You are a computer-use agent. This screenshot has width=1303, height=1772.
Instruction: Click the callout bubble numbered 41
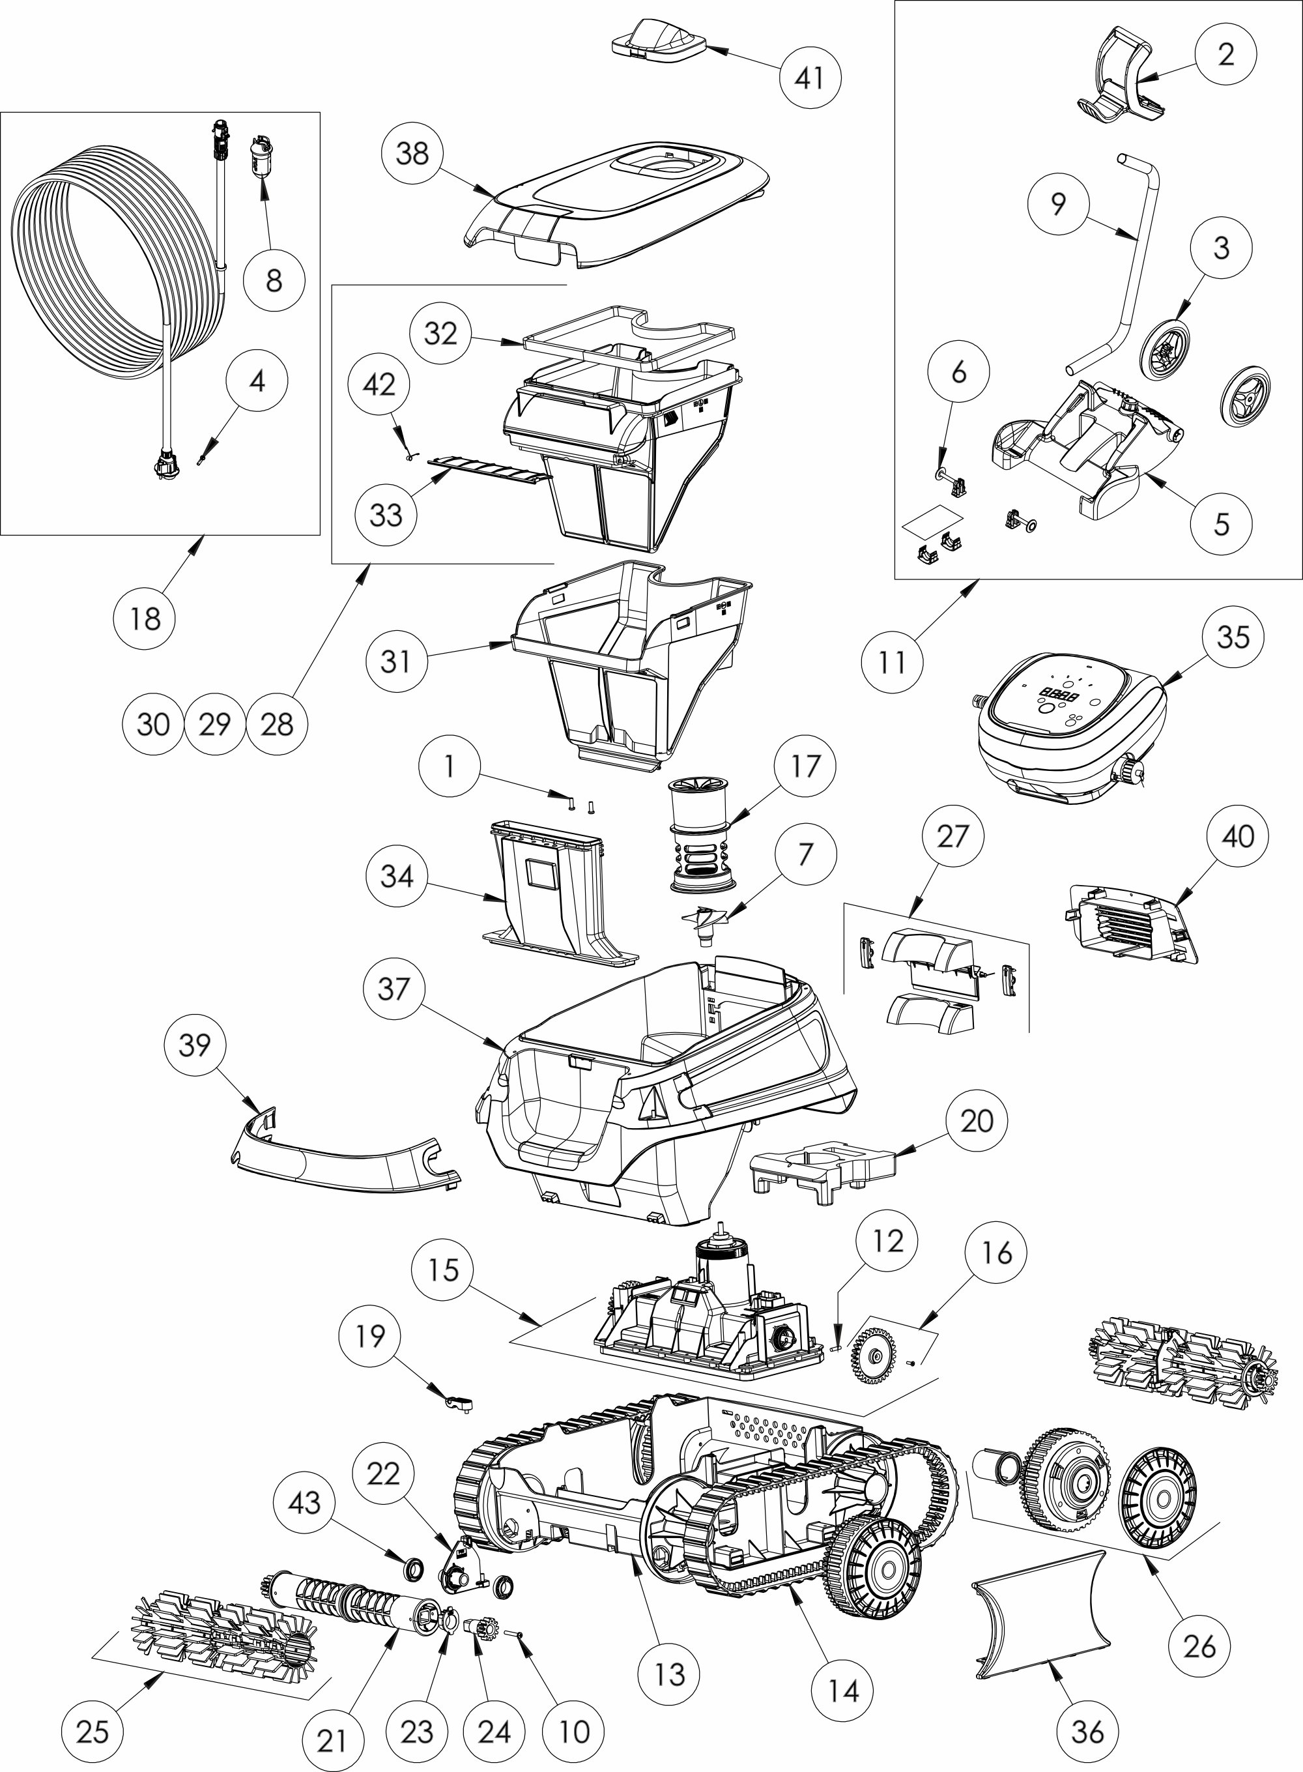click(x=810, y=78)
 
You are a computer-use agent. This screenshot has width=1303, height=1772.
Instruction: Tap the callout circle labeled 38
click(x=412, y=153)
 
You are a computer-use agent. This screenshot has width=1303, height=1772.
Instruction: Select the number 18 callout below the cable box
click(x=145, y=618)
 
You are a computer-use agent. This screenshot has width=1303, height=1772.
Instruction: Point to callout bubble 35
click(x=1233, y=637)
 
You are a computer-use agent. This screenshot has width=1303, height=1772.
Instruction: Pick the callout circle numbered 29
click(x=214, y=723)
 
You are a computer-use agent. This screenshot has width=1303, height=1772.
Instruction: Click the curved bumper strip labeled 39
click(x=339, y=1160)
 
